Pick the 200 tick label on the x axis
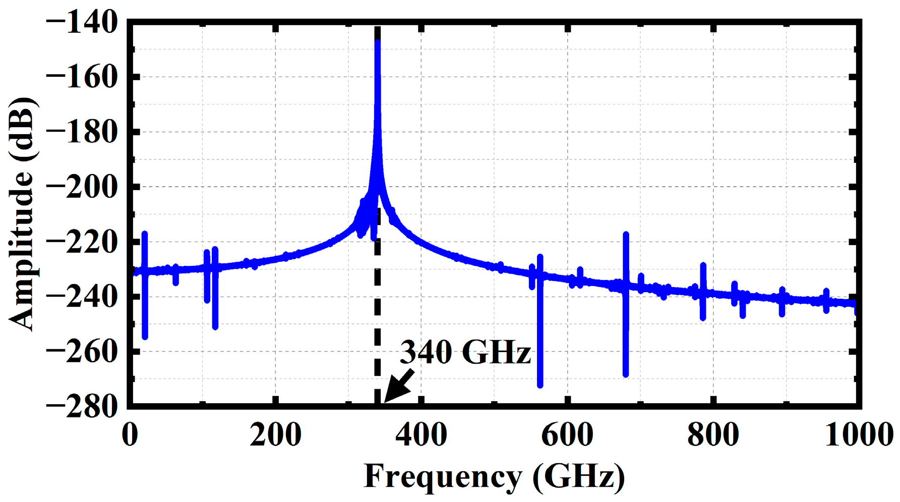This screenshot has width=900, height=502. pyautogui.click(x=275, y=434)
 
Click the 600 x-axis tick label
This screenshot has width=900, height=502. pyautogui.click(x=567, y=434)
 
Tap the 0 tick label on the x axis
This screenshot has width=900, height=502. pyautogui.click(x=130, y=434)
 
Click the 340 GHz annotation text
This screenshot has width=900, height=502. pyautogui.click(x=465, y=352)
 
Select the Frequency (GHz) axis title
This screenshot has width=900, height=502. pyautogui.click(x=494, y=476)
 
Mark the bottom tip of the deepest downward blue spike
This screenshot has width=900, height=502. pyautogui.click(x=540, y=385)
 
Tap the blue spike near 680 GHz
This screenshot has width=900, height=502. pyautogui.click(x=626, y=303)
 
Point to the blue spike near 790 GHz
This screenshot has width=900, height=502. pyautogui.click(x=703, y=292)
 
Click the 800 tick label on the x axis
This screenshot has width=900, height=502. pyautogui.click(x=712, y=434)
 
